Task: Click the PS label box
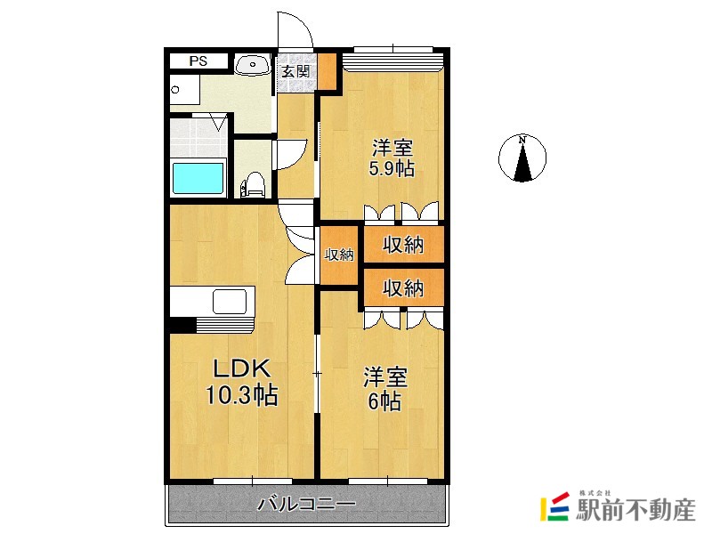[x=198, y=61]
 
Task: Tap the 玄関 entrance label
[x=295, y=71]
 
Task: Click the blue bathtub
[x=198, y=178]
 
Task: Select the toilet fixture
[x=254, y=184]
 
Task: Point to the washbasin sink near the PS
[x=253, y=64]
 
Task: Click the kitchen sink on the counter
[x=230, y=301]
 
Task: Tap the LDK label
[x=242, y=368]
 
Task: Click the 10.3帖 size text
[x=242, y=394]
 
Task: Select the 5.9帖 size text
[x=392, y=168]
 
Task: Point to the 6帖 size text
[x=384, y=401]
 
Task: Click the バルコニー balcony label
[x=306, y=504]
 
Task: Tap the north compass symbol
[x=522, y=158]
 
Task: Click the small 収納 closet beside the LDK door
[x=339, y=255]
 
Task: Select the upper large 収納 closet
[x=404, y=245]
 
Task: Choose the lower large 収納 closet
[x=404, y=287]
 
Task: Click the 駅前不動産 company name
[x=635, y=510]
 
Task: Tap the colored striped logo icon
[x=554, y=506]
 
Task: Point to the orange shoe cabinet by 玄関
[x=327, y=71]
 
